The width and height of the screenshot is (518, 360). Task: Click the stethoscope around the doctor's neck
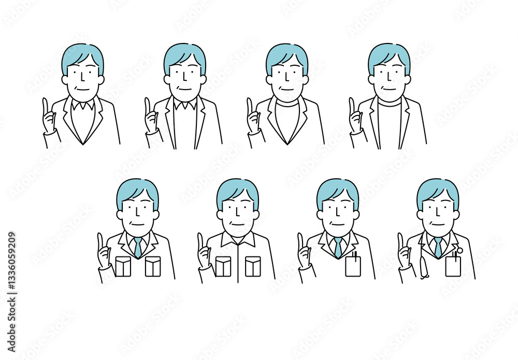pyautogui.click(x=424, y=261)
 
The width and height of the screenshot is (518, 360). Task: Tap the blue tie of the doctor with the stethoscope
pyautogui.click(x=438, y=248)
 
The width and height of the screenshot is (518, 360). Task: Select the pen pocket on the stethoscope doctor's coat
pyautogui.click(x=453, y=266)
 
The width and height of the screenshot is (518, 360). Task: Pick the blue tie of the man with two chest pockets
pyautogui.click(x=138, y=248)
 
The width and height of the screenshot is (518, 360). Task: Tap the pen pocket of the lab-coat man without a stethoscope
pyautogui.click(x=353, y=266)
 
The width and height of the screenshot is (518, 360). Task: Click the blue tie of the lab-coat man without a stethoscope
pyautogui.click(x=338, y=248)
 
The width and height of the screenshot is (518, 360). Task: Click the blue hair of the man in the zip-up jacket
pyautogui.click(x=238, y=193)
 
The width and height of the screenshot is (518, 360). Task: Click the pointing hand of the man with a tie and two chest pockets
pyautogui.click(x=104, y=251)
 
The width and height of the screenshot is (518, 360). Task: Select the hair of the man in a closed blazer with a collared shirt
pyautogui.click(x=82, y=57)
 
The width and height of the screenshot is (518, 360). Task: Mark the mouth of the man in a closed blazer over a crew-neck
pyautogui.click(x=287, y=89)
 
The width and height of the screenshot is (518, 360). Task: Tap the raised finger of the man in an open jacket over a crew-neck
pyautogui.click(x=352, y=106)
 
